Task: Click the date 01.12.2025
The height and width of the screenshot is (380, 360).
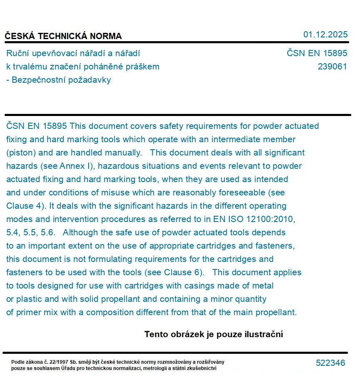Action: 325,35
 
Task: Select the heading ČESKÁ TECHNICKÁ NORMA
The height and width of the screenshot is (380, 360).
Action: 63,36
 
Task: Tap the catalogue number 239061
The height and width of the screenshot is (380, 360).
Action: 332,67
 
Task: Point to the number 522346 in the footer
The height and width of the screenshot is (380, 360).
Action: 330,363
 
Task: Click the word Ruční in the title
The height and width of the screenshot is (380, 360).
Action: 18,53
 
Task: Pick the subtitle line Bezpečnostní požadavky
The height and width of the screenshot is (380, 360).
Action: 61,80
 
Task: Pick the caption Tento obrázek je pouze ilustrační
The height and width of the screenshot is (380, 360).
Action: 214,334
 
